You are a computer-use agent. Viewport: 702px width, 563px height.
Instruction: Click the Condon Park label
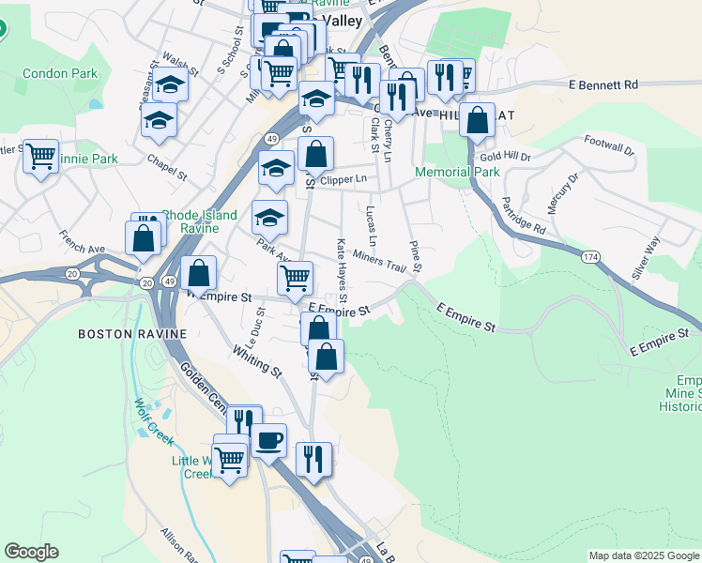(x=60, y=72)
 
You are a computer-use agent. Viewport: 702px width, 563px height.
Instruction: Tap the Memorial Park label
(x=458, y=173)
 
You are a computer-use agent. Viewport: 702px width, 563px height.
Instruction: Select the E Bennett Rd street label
(x=603, y=84)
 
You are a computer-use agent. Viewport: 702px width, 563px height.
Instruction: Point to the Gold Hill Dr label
(x=505, y=158)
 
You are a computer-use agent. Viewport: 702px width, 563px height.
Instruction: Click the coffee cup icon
(x=269, y=439)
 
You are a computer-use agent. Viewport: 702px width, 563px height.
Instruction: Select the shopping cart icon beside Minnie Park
(x=40, y=156)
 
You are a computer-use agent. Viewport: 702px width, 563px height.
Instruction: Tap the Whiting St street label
(x=257, y=358)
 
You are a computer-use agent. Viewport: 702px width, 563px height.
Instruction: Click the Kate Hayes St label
(x=343, y=265)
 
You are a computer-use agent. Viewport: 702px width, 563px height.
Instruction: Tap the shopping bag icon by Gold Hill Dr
(x=478, y=120)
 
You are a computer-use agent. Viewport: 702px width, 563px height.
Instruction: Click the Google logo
(x=31, y=552)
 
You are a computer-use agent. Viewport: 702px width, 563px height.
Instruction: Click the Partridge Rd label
(x=523, y=215)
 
